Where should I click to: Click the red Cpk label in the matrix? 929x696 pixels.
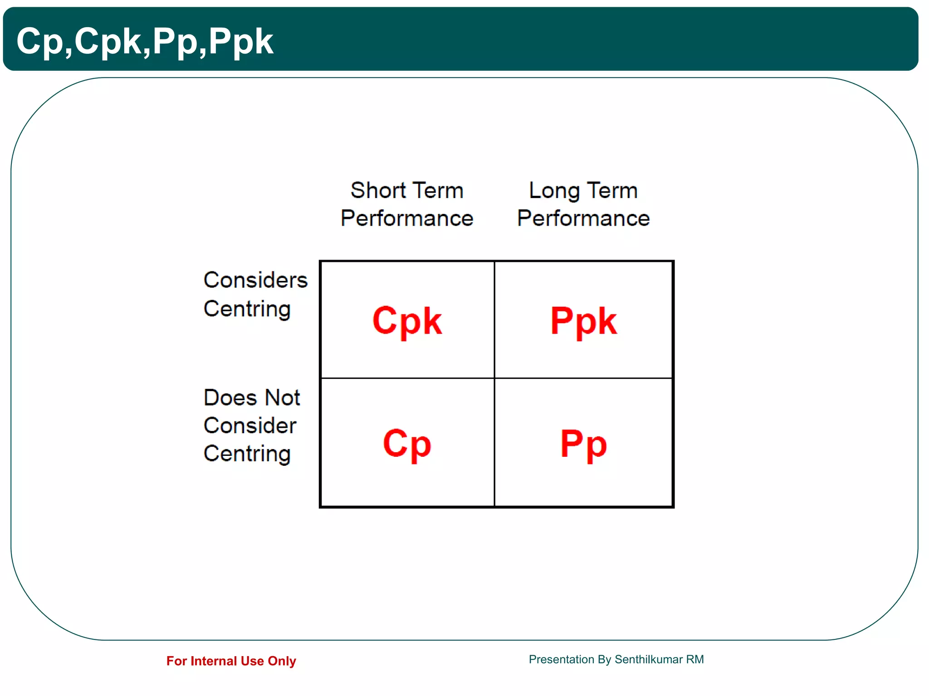click(x=407, y=321)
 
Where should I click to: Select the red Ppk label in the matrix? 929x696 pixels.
click(x=583, y=321)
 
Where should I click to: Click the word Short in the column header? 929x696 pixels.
click(x=378, y=190)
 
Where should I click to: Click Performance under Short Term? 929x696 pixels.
click(x=407, y=218)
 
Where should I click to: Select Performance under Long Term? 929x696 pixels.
click(x=583, y=218)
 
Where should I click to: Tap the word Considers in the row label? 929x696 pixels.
click(x=255, y=280)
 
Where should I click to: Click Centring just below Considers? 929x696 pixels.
click(x=247, y=309)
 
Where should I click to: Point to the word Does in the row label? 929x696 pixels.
click(x=230, y=398)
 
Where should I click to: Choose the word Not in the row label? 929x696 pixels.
click(x=282, y=398)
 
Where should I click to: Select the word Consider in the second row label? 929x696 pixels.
click(x=250, y=426)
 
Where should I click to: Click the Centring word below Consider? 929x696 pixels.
click(x=247, y=454)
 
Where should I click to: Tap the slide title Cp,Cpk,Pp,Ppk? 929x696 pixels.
click(x=145, y=41)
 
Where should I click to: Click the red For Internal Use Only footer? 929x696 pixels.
click(x=231, y=661)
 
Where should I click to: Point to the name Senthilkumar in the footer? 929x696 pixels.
click(x=648, y=659)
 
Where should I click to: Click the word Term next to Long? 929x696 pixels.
click(x=612, y=190)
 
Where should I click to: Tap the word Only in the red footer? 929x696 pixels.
click(x=282, y=661)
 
